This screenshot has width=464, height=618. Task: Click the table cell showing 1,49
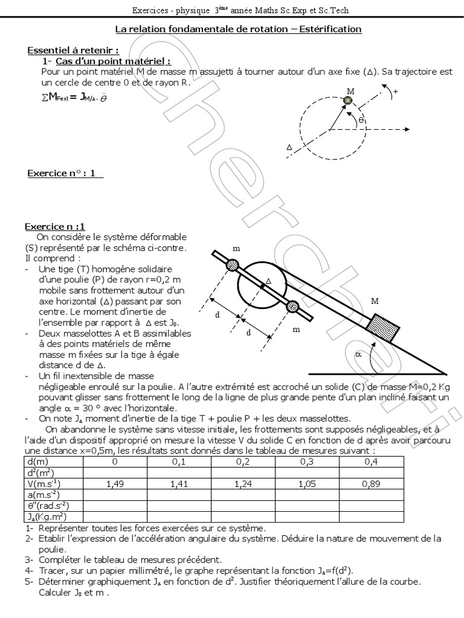click(x=115, y=483)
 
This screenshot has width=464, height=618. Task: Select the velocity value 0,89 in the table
click(x=371, y=483)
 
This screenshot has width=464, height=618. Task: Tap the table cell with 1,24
click(x=243, y=483)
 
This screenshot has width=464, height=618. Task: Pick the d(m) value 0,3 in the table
click(x=307, y=462)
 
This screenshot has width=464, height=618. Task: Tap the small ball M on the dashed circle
click(x=348, y=101)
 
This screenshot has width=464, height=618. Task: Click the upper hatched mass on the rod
click(x=233, y=264)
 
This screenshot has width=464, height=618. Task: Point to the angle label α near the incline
click(x=358, y=354)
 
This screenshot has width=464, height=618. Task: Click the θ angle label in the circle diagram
click(x=361, y=120)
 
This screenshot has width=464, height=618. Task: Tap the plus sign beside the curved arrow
click(x=395, y=92)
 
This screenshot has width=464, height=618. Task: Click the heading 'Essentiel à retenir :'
click(x=73, y=51)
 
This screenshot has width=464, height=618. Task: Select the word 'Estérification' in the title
click(x=330, y=29)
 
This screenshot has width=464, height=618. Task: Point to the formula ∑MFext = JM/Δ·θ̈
click(x=74, y=97)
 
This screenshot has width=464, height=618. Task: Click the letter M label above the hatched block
click(x=375, y=301)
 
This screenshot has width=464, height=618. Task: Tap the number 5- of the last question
click(x=30, y=581)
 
